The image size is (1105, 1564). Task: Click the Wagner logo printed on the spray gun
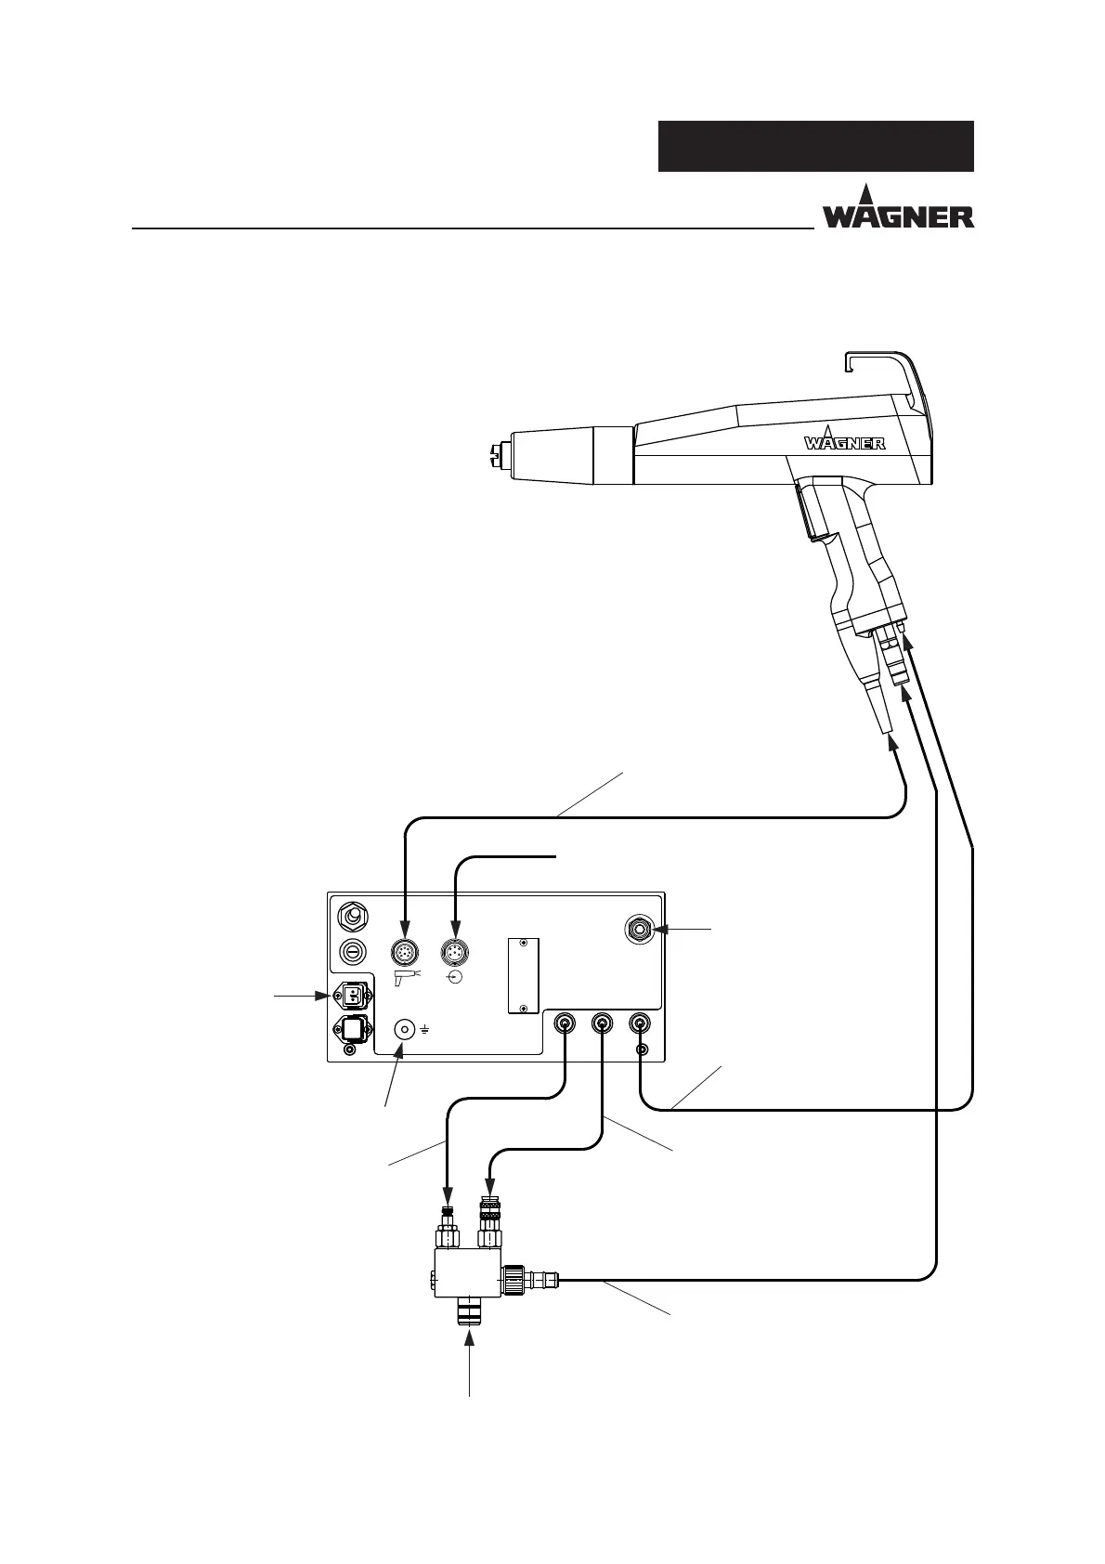coord(844,441)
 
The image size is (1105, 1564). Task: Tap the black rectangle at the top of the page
coord(815,146)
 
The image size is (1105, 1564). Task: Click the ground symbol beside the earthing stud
coord(424,1031)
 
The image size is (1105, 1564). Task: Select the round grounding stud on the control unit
coord(405,1030)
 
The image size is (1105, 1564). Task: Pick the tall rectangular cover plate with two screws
coord(524,975)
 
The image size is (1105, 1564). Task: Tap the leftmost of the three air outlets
coord(564,1024)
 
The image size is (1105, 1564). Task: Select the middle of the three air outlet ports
coord(602,1024)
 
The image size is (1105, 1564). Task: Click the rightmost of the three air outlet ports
coord(640,1024)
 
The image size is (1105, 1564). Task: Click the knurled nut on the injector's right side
coord(514,1281)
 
